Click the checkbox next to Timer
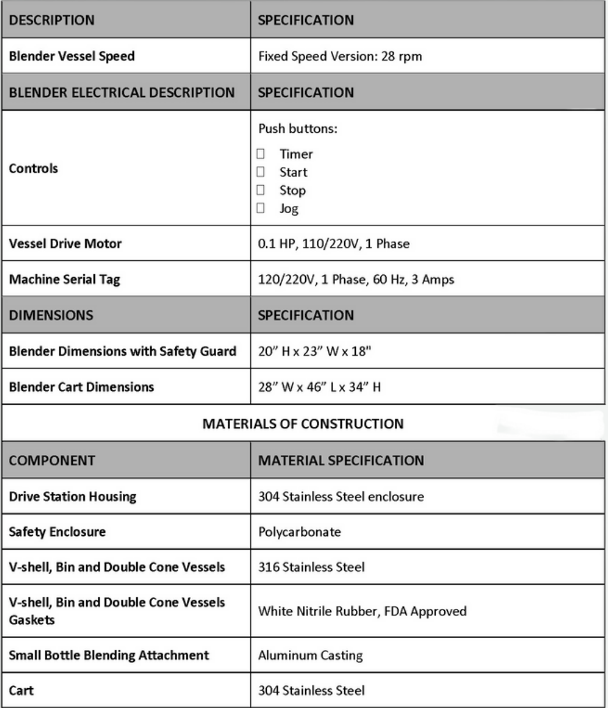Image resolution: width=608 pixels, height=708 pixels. tap(261, 154)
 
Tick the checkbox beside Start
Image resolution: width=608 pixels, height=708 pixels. tap(261, 172)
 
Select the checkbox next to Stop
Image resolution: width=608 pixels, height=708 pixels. tap(261, 190)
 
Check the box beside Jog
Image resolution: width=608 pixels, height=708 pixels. tap(261, 208)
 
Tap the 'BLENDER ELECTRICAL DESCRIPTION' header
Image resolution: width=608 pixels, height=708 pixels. tap(122, 93)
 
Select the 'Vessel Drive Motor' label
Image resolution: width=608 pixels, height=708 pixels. tap(65, 243)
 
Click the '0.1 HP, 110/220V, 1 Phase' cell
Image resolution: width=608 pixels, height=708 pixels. tap(334, 243)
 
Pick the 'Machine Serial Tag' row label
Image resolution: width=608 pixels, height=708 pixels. tap(64, 279)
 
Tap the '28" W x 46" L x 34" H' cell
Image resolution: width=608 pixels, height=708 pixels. tap(319, 387)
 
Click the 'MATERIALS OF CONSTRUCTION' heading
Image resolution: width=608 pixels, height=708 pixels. tap(303, 423)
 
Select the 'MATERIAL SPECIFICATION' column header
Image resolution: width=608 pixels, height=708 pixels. tap(341, 461)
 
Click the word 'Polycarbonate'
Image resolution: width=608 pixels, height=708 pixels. tap(300, 532)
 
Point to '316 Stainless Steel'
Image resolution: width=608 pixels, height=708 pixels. tap(312, 567)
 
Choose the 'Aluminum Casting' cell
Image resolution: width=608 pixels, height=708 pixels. tap(310, 655)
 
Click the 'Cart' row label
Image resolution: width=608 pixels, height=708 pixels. tap(21, 691)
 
